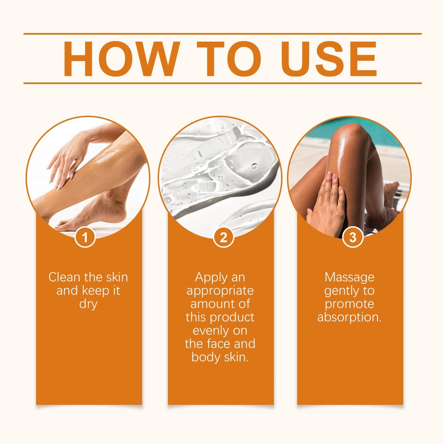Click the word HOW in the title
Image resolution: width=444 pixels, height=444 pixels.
point(122,59)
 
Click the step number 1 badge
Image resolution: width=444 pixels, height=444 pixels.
point(85,237)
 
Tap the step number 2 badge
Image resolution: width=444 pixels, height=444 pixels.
point(223,237)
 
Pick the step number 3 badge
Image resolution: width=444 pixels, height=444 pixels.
point(353,237)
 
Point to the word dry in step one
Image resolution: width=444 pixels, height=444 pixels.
point(88,304)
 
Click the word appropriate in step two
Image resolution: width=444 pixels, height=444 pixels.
point(220,291)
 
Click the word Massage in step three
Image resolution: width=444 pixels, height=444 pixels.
point(349,277)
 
